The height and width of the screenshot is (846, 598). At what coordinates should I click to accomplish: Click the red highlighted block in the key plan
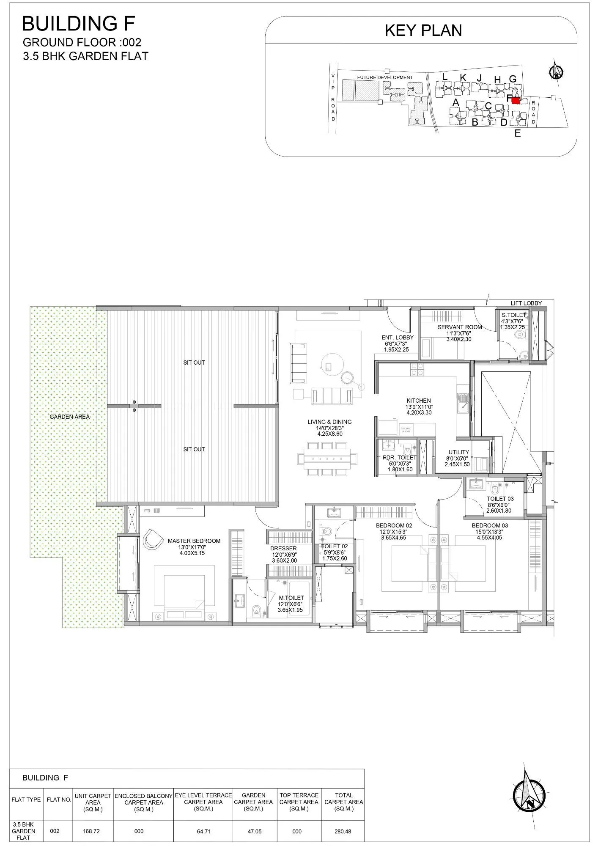tap(516, 101)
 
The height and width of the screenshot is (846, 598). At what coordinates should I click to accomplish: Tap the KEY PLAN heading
tap(423, 30)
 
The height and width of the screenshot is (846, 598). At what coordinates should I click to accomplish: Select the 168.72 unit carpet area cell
tap(93, 831)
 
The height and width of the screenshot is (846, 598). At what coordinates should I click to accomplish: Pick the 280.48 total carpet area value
tap(343, 831)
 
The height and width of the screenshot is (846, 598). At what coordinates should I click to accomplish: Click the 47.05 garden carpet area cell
tap(253, 831)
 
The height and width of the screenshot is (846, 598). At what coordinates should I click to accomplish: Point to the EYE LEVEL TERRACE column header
tap(203, 802)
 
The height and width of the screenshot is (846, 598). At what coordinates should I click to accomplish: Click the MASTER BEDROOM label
tap(194, 541)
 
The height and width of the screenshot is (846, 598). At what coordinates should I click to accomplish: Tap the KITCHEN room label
tap(419, 401)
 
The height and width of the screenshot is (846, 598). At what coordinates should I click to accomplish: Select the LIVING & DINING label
tap(329, 422)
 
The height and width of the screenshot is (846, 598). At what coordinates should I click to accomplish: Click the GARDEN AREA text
tap(70, 417)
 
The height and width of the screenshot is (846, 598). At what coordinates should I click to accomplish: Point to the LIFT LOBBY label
tap(526, 303)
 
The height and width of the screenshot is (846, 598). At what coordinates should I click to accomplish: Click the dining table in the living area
tap(327, 459)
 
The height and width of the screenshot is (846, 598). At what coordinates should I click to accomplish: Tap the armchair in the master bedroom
tap(153, 540)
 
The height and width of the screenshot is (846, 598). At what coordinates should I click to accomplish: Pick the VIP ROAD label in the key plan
tap(333, 97)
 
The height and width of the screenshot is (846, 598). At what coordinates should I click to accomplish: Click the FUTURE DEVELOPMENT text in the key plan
tap(384, 77)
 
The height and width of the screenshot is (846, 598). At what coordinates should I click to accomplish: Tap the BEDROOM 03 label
tap(490, 525)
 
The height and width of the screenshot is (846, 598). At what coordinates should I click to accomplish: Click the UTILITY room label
tap(458, 452)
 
